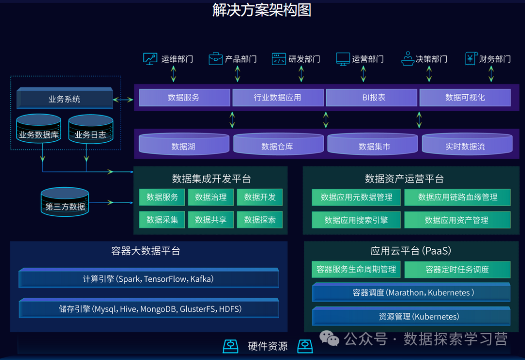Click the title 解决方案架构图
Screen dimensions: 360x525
click(x=262, y=10)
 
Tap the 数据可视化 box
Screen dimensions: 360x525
click(x=465, y=98)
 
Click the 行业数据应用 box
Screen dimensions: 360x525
click(x=278, y=98)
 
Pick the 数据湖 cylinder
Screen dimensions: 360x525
click(x=184, y=145)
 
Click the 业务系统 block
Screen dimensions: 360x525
click(x=65, y=99)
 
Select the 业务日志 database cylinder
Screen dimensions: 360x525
click(x=90, y=130)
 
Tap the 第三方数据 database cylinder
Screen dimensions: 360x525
click(x=65, y=202)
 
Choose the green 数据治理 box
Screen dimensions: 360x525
click(x=211, y=197)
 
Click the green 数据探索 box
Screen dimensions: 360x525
click(x=260, y=220)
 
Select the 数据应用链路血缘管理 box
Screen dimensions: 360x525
click(x=457, y=197)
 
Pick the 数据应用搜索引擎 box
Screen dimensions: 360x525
click(x=356, y=220)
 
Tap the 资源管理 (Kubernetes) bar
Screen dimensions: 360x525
click(x=411, y=317)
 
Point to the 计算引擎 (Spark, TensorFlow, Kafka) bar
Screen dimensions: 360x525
click(x=148, y=279)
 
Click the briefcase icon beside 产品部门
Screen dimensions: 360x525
click(x=215, y=59)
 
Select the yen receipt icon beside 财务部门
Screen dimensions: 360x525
click(x=470, y=59)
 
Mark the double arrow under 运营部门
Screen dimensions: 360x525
click(x=364, y=74)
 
